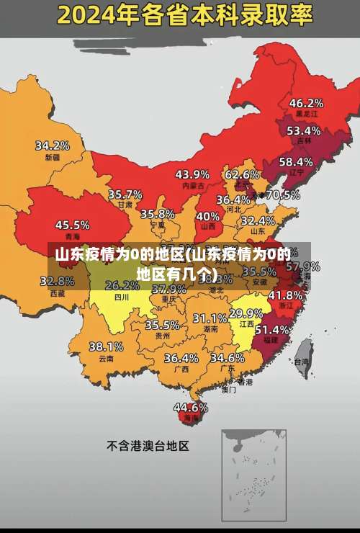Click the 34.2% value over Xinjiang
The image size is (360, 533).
(x=53, y=145)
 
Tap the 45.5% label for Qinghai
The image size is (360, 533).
(x=72, y=225)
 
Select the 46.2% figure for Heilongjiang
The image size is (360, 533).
(x=306, y=103)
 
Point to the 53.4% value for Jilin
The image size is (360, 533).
(x=303, y=131)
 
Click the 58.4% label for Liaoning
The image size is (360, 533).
(x=296, y=162)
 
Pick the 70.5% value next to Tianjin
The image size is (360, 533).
(x=283, y=194)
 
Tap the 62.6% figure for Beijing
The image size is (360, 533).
(x=242, y=174)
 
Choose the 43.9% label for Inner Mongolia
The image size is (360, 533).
(x=192, y=174)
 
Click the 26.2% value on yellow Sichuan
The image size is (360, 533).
(x=122, y=285)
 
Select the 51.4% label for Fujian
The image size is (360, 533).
(x=272, y=329)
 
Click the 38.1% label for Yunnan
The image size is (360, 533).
(x=106, y=346)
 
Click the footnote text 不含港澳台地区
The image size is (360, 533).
(x=148, y=446)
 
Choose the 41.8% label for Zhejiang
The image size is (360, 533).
(x=285, y=295)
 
